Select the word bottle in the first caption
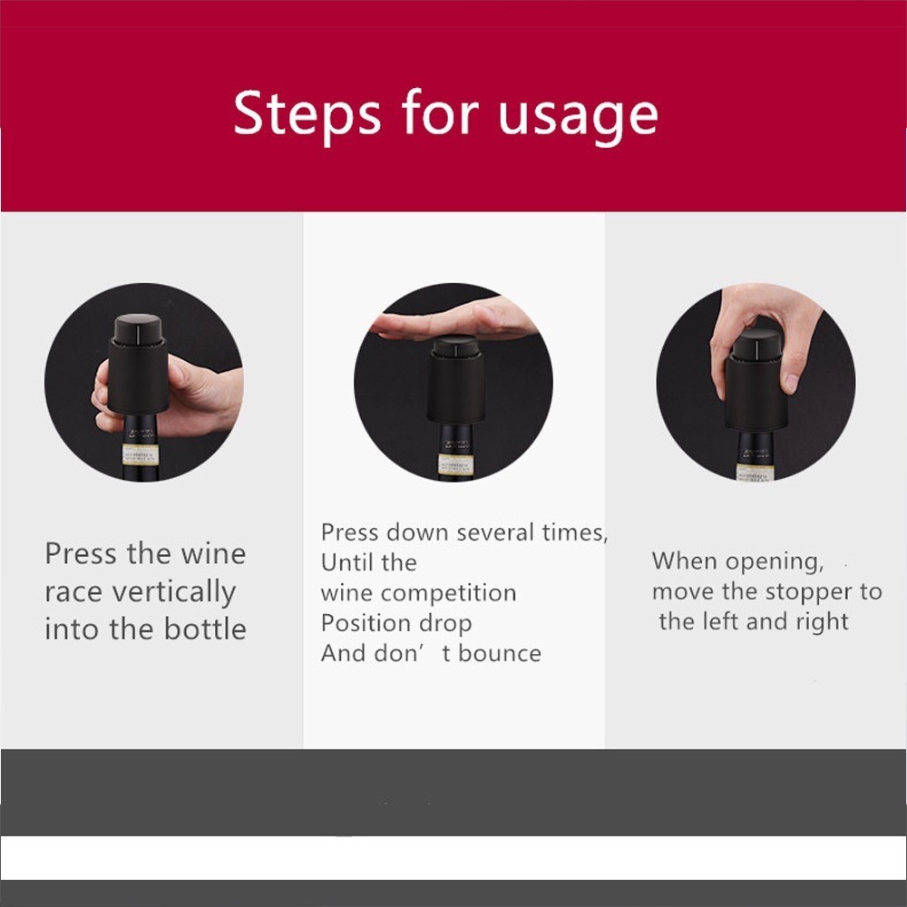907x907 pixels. [x=205, y=629]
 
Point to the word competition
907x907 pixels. [x=448, y=594]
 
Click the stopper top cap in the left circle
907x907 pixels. [x=138, y=328]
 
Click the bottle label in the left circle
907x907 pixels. [x=141, y=454]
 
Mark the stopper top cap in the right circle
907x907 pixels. [x=756, y=343]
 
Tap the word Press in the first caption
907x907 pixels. [x=81, y=553]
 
